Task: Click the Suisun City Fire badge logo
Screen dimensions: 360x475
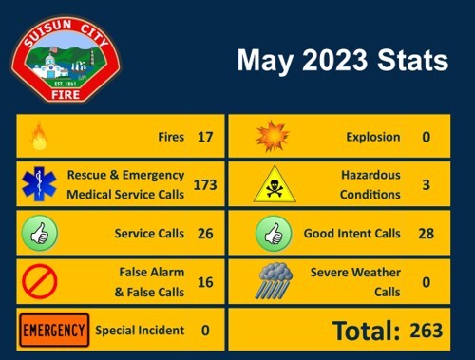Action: click(x=66, y=60)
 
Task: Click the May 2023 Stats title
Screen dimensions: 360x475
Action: click(x=342, y=62)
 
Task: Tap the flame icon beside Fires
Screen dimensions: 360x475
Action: click(x=39, y=137)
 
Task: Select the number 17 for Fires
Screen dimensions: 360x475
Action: click(x=205, y=138)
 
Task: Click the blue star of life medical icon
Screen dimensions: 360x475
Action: click(x=39, y=184)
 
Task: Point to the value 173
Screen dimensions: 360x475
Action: click(x=205, y=184)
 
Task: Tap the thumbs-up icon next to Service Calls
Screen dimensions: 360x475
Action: click(x=39, y=233)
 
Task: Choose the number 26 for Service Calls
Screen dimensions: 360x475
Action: click(x=205, y=233)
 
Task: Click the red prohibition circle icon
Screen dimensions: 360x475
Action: click(x=39, y=281)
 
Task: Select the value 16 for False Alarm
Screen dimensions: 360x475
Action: click(x=205, y=281)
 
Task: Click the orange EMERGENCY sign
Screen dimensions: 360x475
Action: click(x=54, y=330)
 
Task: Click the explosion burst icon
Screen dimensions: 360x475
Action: click(x=273, y=137)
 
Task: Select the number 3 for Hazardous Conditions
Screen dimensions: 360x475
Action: click(x=426, y=184)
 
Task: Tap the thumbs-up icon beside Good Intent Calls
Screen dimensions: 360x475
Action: click(x=273, y=233)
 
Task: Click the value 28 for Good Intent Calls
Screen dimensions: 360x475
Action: click(x=426, y=233)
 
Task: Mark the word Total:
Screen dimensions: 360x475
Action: click(x=366, y=331)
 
